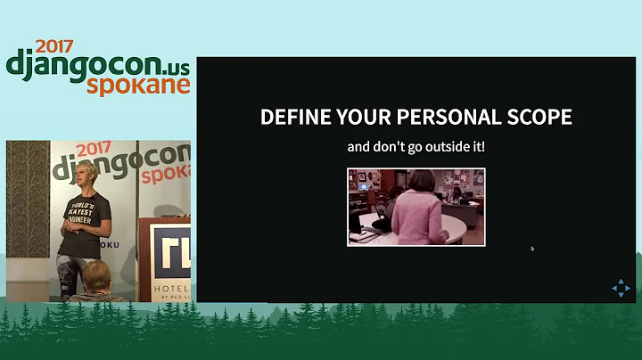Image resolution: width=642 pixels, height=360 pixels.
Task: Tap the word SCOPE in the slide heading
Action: [537, 118]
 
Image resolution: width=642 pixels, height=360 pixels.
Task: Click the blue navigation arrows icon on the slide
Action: [621, 288]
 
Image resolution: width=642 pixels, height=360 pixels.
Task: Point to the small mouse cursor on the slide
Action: [532, 248]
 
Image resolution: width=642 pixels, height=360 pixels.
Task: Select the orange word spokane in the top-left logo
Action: [138, 84]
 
